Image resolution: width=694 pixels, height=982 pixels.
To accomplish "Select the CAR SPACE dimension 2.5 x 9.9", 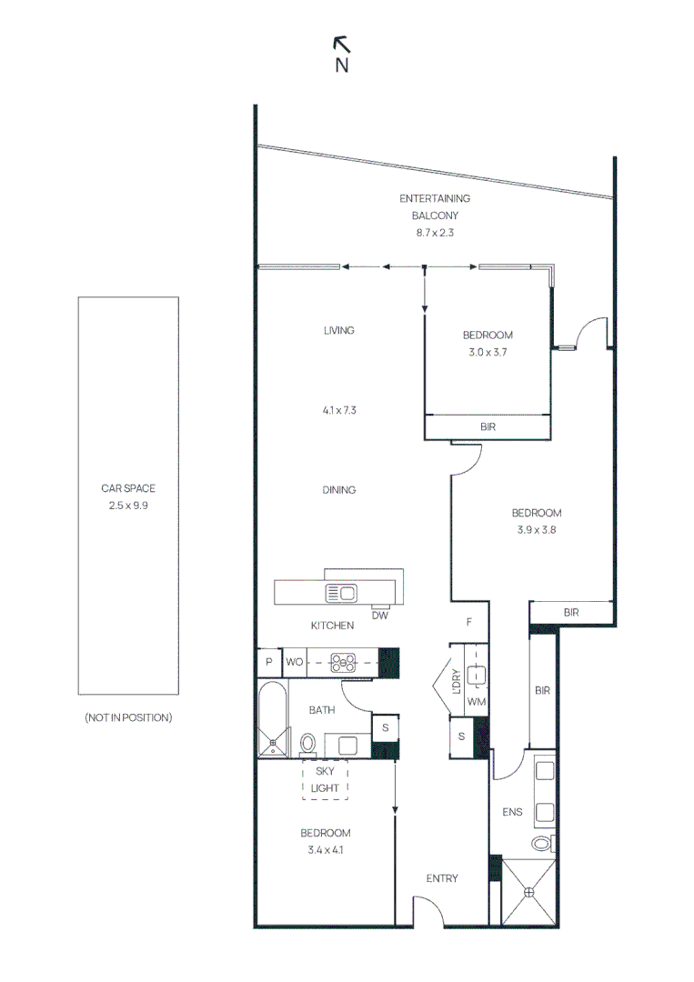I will point(127,505).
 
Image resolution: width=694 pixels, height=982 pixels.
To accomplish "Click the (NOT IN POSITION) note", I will point(127,717).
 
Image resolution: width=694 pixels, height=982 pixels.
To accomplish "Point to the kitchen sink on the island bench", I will point(342,593).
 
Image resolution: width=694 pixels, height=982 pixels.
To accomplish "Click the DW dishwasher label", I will point(380,616).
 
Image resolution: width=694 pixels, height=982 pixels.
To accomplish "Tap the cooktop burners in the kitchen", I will point(342,662).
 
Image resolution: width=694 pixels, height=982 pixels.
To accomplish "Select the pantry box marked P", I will point(269,662).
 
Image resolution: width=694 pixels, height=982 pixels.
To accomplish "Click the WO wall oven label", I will point(295,662).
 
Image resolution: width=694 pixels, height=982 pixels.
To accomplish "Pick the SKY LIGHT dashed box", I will point(325,779).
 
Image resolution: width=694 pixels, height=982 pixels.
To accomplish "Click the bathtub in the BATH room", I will point(272,723).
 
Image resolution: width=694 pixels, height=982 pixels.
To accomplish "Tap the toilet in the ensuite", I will point(543,844).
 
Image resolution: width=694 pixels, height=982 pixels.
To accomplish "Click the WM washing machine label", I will point(477,702).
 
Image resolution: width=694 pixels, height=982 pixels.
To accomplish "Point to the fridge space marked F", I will point(469,623).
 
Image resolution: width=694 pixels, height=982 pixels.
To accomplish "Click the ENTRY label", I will point(442,878).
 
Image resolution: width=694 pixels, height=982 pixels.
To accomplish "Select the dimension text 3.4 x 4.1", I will point(325,850).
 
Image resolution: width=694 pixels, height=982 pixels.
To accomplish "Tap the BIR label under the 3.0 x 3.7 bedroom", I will point(488,426).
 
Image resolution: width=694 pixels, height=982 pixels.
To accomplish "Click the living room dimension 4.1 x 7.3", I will point(338,410).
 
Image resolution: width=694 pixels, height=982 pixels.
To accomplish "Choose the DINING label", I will point(338,490).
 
